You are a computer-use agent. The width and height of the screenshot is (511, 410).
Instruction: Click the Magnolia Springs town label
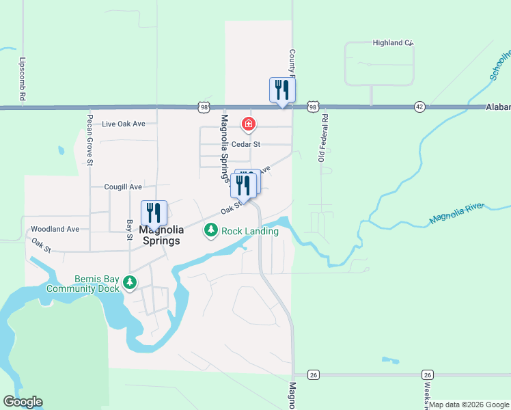[160, 235]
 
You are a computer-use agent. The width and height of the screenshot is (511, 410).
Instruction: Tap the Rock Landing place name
[250, 231]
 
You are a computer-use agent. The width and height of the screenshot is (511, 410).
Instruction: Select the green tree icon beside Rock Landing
[212, 231]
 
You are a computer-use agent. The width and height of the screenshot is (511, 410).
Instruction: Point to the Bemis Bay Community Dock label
[83, 284]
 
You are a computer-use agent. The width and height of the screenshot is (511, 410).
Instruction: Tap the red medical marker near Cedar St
[249, 124]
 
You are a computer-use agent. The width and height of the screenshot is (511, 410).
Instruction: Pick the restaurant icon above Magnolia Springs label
[154, 213]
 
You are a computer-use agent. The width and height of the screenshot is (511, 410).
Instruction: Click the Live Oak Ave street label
[124, 124]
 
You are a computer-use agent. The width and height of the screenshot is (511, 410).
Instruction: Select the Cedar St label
[246, 144]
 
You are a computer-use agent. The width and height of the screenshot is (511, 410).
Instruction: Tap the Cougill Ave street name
[123, 187]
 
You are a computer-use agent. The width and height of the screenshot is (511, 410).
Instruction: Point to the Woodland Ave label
[55, 229]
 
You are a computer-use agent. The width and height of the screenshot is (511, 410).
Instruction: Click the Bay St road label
[129, 230]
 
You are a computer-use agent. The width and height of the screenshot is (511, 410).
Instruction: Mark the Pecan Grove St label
[89, 139]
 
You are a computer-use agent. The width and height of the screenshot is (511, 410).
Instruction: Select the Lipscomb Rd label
[22, 79]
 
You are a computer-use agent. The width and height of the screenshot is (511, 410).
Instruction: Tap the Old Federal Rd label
[324, 139]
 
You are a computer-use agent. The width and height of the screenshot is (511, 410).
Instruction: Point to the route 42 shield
[419, 107]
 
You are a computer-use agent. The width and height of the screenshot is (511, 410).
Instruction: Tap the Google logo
[23, 402]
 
